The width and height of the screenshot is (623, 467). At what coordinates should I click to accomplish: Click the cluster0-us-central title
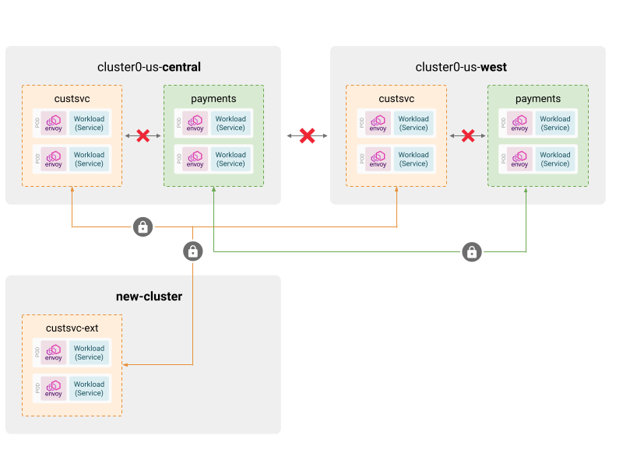[x=149, y=67]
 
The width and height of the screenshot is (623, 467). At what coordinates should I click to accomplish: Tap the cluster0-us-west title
[x=461, y=67]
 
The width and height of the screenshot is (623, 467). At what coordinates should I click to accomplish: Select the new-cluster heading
[x=149, y=297]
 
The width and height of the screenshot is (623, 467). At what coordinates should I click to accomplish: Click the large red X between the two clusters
[x=308, y=136]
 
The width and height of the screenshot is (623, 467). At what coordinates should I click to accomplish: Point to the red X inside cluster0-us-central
[x=143, y=136]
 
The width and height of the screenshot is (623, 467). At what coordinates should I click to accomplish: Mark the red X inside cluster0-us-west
[x=468, y=136]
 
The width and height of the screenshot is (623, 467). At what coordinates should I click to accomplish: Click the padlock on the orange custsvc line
[x=143, y=227]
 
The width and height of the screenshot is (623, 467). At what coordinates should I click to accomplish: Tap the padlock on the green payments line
[x=471, y=251]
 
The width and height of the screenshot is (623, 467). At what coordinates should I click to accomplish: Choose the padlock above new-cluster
[x=192, y=251]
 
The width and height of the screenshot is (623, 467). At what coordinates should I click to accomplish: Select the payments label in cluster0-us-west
[x=538, y=99]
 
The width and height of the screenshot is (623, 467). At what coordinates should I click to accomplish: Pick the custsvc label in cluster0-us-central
[x=72, y=99]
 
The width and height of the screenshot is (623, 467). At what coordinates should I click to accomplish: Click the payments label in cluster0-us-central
[x=213, y=99]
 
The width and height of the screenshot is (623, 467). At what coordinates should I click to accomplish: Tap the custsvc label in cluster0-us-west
[x=396, y=99]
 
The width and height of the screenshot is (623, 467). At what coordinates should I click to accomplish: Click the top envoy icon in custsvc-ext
[x=54, y=353]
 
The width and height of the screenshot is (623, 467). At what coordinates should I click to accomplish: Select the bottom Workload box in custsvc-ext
[x=90, y=388]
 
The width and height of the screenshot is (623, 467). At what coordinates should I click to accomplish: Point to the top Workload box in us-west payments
[x=555, y=123]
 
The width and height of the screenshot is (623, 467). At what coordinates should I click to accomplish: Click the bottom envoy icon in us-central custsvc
[x=54, y=159]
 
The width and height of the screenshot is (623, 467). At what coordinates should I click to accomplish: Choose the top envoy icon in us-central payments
[x=195, y=123]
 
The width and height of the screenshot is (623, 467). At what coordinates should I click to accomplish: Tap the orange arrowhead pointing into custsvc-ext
[x=127, y=364]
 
